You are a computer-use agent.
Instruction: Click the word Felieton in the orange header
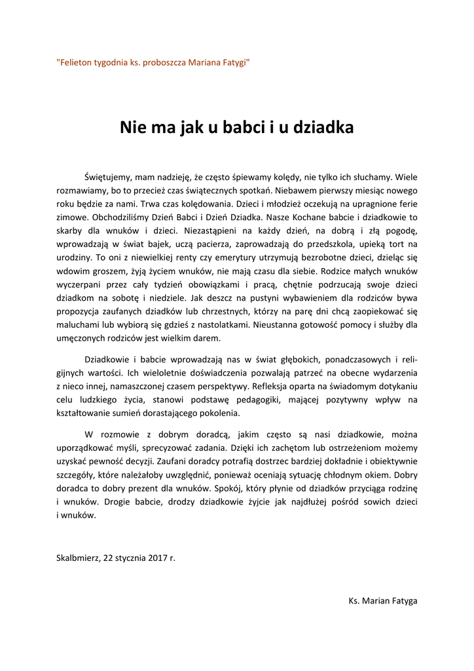tap(77, 63)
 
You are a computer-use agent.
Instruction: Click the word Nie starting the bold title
tap(131, 127)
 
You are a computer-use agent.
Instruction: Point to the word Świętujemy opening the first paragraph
tap(109, 177)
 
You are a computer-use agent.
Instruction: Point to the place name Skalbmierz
tap(77, 558)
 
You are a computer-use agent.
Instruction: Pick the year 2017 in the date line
tap(154, 558)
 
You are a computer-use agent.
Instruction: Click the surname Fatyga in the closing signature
tap(401, 601)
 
